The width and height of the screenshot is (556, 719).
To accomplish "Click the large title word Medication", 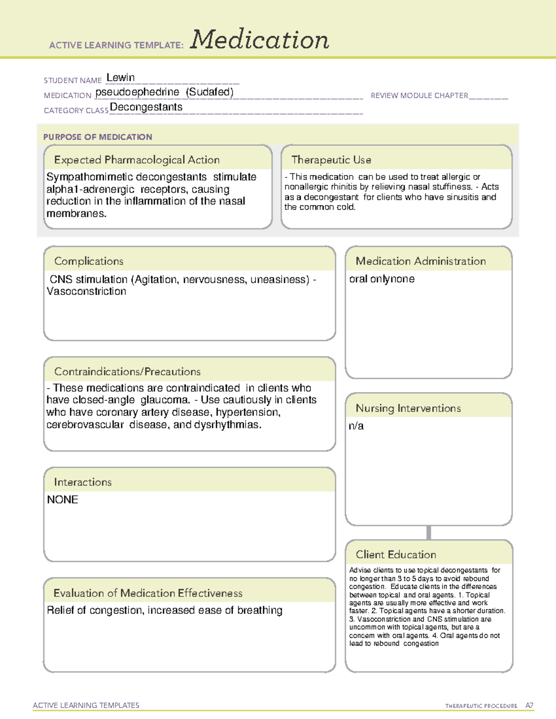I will (259, 40).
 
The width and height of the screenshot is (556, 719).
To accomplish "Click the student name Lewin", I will (120, 78).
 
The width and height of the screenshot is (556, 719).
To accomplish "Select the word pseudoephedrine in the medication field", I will (137, 92).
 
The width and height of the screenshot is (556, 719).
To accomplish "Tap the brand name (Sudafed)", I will (209, 92).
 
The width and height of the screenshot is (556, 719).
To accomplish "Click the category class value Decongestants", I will (146, 107).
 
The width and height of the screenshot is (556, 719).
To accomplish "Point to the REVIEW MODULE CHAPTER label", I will (419, 95).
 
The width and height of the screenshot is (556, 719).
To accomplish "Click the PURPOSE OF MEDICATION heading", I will (97, 137).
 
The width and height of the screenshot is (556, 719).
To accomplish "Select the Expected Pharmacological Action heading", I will (137, 160).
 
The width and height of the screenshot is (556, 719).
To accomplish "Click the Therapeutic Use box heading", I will (331, 160).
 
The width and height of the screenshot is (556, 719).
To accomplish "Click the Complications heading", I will (88, 261).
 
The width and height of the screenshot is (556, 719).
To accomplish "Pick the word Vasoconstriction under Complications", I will (86, 291).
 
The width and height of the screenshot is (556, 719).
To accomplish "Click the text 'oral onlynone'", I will (381, 279).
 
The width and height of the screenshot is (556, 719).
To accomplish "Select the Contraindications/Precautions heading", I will (127, 371).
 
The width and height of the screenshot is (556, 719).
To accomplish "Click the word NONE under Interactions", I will (63, 500).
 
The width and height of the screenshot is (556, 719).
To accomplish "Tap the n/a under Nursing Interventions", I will (356, 426).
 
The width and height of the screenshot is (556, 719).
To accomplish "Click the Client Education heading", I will (396, 555).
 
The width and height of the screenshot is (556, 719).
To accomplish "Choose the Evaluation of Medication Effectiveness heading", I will (148, 593).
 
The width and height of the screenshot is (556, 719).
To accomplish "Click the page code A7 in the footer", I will (529, 706).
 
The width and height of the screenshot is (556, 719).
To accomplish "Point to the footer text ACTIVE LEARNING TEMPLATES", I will (86, 705).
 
